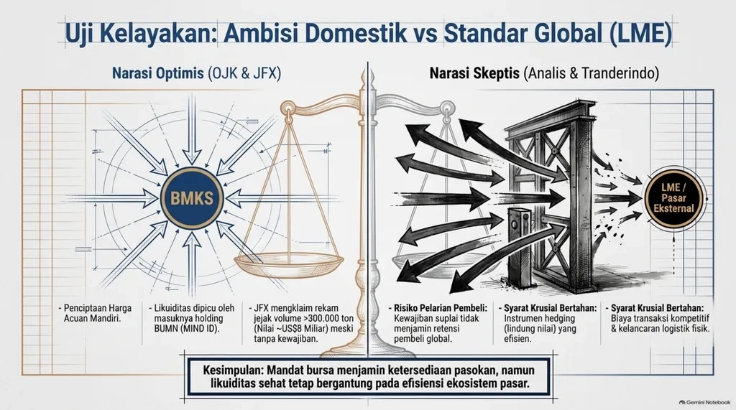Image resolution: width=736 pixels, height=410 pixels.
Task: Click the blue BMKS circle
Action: pyautogui.click(x=191, y=198)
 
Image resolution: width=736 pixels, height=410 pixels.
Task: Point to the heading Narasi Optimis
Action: pyautogui.click(x=157, y=73)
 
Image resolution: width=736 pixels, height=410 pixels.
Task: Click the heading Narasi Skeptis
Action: pyautogui.click(x=474, y=73)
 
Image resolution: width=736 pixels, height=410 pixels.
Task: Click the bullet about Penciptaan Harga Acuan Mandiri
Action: pyautogui.click(x=96, y=313)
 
